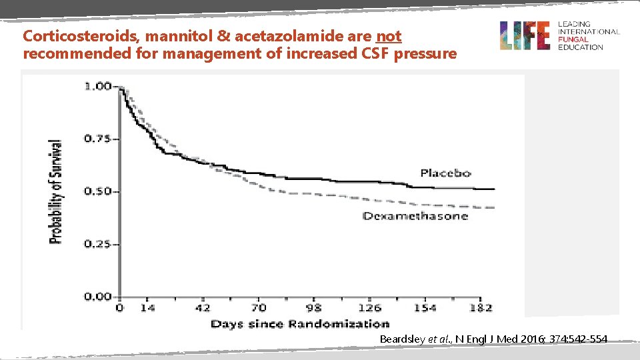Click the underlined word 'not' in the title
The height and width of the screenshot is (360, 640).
coord(388,36)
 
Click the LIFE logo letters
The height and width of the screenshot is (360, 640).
coord(525,35)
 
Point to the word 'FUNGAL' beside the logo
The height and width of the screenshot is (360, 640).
coord(573,40)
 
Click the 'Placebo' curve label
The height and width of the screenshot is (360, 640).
coord(445,173)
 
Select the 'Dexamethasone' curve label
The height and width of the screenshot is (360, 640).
coord(415,216)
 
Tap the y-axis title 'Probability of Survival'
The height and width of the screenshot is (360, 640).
coord(57,191)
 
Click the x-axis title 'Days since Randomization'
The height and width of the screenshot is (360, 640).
coord(300,324)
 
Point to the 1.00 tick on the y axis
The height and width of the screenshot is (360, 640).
coord(98,87)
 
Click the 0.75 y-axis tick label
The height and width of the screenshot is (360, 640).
coord(98,139)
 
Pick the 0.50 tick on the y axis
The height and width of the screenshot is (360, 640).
coord(98,192)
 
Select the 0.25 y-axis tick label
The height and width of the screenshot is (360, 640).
coord(98,245)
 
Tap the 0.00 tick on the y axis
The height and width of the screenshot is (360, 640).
coord(98,297)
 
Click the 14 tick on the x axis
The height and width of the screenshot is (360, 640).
coord(147,308)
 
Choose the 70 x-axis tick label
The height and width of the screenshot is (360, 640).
coord(258,308)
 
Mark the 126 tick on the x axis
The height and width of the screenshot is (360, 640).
coord(369,308)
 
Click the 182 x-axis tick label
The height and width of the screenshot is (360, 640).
coord(481,308)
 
